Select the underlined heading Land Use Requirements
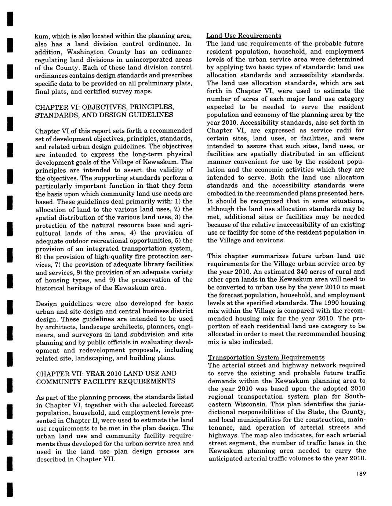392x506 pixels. pos(244,36)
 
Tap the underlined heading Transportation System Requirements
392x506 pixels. pos(266,357)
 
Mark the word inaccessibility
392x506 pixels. pos(293,224)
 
